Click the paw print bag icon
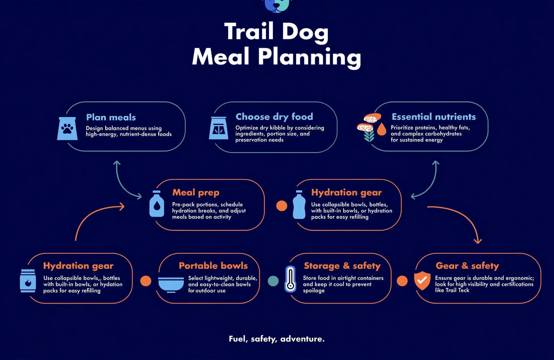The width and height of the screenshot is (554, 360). tap(67, 128)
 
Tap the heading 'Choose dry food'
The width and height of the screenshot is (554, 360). tap(274, 117)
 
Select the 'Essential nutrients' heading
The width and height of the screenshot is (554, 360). tap(434, 117)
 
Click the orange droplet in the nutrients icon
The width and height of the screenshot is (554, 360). tap(382, 129)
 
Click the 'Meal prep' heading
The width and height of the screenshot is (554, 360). tap(196, 192)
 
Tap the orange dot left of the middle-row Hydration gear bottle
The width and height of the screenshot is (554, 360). tap(282, 205)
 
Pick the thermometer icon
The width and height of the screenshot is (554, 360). tap(290, 279)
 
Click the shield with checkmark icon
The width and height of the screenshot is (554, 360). tap(422, 280)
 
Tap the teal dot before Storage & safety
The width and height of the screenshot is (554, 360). tap(273, 281)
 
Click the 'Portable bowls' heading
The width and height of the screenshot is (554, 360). tap(213, 266)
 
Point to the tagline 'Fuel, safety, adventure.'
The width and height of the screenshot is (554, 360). tap(276, 339)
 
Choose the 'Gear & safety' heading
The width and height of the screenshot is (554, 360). tap(467, 266)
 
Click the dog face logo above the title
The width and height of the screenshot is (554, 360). tap(276, 6)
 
